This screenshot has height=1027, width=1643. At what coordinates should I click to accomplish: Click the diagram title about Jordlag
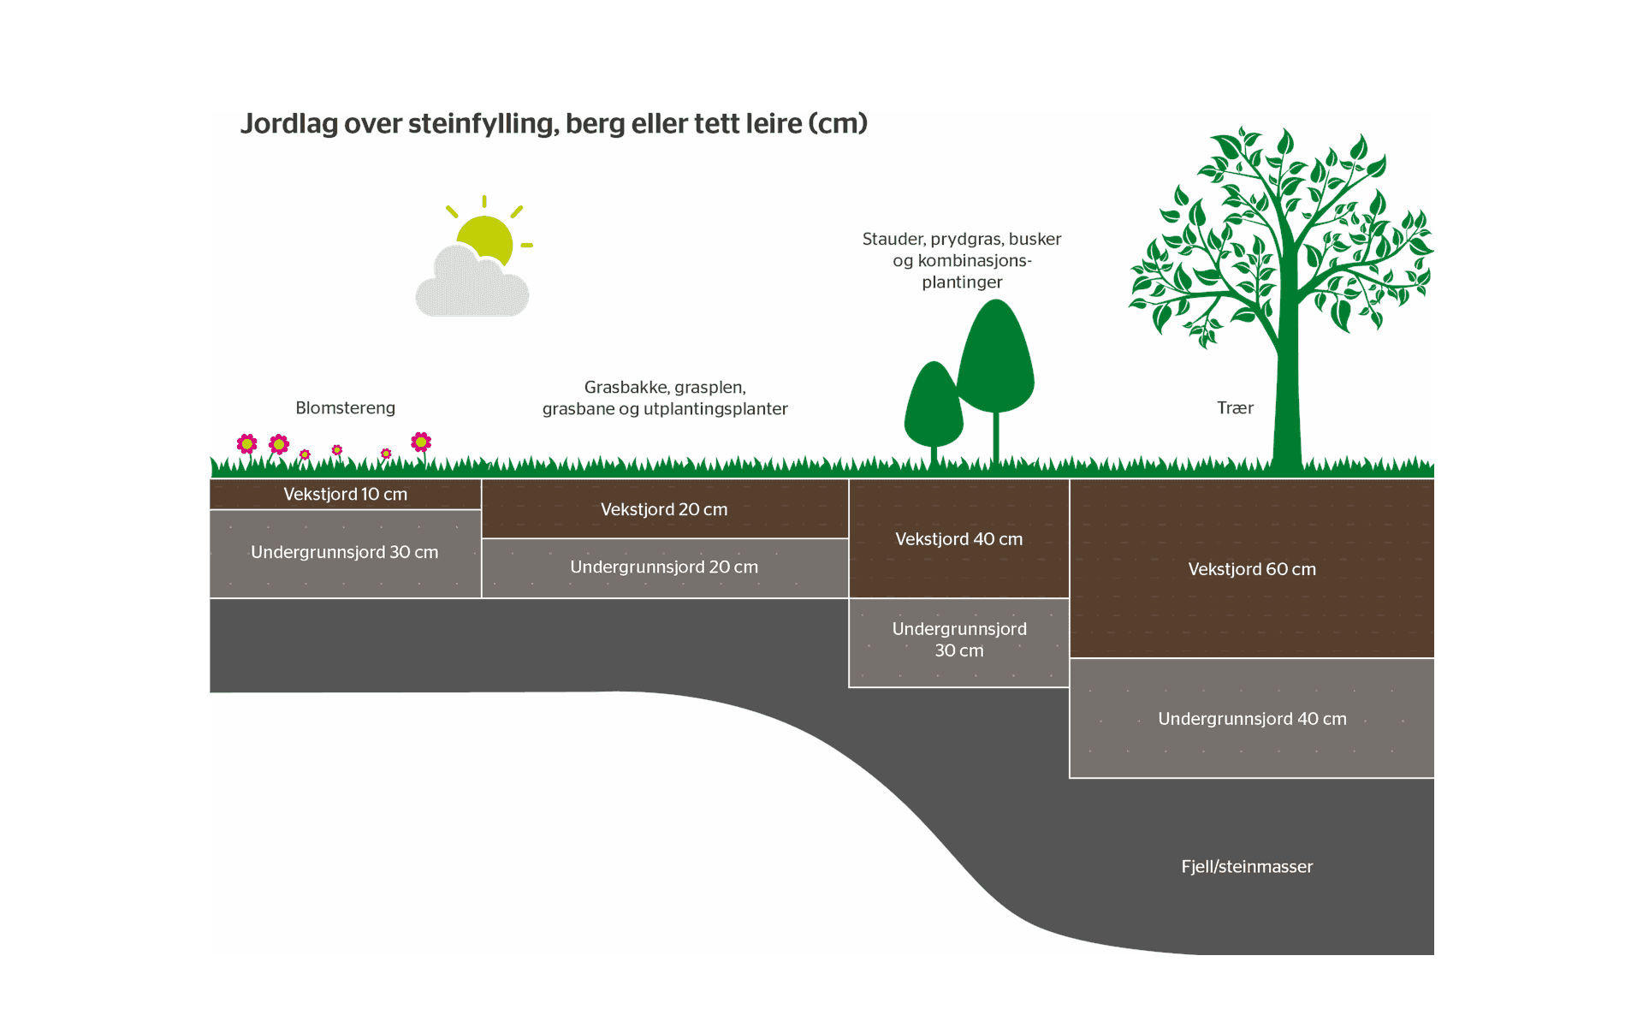coord(554,124)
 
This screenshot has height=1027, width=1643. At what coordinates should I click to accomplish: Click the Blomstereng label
coord(345,408)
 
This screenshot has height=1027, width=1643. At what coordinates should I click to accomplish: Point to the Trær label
coord(1235,408)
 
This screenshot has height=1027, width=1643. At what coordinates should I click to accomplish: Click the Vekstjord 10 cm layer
coord(345,495)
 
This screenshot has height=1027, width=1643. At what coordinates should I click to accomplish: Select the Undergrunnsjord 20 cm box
coord(664,567)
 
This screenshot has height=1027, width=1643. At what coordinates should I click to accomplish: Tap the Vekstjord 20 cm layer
coord(664,510)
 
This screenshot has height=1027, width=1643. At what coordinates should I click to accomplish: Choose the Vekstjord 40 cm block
coord(958,539)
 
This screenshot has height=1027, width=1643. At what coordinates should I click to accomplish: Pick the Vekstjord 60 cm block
coord(1251,569)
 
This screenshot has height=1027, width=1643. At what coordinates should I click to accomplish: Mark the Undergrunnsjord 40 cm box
coord(1251,719)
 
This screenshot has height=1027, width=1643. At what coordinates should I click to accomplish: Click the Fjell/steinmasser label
coord(1247,867)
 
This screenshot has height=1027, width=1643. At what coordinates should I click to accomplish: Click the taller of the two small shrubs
coord(995,359)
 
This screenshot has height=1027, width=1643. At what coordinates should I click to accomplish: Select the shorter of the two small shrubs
coord(934,407)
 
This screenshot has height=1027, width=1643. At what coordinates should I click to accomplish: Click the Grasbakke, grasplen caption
coord(665,398)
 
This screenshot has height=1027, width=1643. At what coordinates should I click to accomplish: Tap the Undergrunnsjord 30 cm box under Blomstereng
coord(345,553)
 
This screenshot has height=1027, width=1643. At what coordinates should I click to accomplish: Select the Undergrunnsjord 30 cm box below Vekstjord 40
coord(958,640)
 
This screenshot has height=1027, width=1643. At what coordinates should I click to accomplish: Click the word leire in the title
coord(774,124)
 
